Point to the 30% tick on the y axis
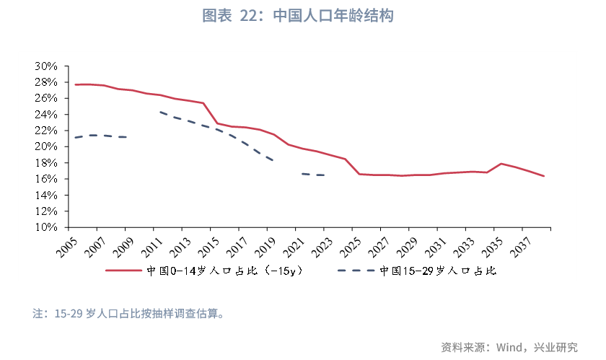click(x=45, y=66)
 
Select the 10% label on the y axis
click(x=45, y=227)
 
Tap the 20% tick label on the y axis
click(x=45, y=146)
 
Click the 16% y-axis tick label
click(x=45, y=179)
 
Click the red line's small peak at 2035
click(x=500, y=164)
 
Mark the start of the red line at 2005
click(x=75, y=84)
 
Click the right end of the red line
click(x=543, y=176)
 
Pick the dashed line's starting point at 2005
click(x=75, y=138)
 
